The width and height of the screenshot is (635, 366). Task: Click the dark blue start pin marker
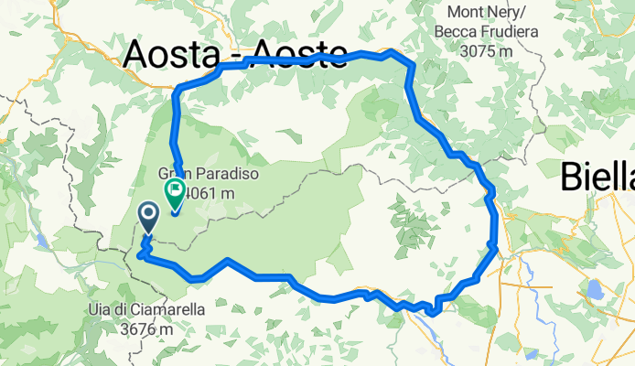tap(148, 217)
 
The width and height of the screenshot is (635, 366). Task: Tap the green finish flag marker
tap(174, 191)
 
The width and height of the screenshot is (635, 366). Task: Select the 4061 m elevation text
tap(210, 192)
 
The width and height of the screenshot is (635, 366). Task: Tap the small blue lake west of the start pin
tap(43, 242)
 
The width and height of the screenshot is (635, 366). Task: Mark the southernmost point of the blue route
tap(431, 315)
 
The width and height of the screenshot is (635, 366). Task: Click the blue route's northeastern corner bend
tap(395, 53)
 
